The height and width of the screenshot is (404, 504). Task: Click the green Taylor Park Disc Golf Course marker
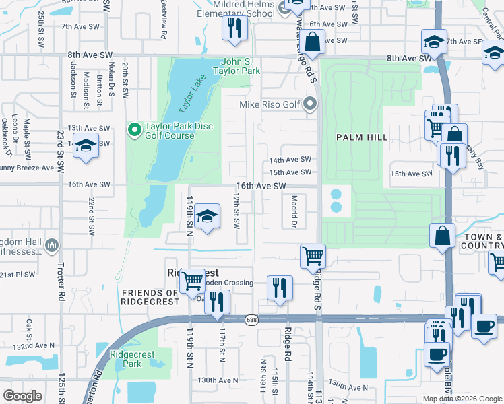[x=134, y=128]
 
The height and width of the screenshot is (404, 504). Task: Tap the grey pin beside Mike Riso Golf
[x=310, y=104]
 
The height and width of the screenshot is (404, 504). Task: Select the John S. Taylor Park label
[x=236, y=65]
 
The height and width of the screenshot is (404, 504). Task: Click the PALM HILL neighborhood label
[x=362, y=137]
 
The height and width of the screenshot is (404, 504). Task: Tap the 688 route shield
[x=251, y=321]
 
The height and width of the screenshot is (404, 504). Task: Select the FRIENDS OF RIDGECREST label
[x=150, y=297]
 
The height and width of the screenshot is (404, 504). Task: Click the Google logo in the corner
[x=22, y=395]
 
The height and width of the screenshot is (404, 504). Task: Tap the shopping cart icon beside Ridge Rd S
[x=313, y=256]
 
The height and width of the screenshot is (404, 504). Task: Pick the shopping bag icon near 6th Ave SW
[x=313, y=42]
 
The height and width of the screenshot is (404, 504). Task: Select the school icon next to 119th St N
[x=208, y=216]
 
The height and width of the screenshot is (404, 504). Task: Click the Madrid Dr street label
[x=294, y=211]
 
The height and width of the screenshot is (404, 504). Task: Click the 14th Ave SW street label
[x=290, y=160]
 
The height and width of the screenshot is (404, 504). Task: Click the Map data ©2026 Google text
[x=462, y=398]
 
